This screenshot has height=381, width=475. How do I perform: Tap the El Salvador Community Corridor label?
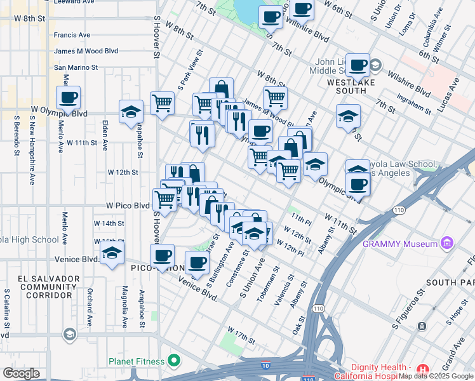(49, 286)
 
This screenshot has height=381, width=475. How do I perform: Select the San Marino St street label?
(76, 67)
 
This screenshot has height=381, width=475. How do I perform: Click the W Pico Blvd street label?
(127, 206)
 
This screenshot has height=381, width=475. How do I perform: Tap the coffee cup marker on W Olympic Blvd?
(68, 99)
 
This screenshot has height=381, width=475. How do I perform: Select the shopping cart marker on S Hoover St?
(163, 102)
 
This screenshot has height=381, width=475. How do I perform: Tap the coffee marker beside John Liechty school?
(358, 64)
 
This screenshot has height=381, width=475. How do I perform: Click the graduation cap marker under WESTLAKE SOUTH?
(348, 116)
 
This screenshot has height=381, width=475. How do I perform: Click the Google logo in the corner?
(21, 373)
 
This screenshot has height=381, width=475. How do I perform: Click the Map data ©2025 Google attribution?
(436, 376)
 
